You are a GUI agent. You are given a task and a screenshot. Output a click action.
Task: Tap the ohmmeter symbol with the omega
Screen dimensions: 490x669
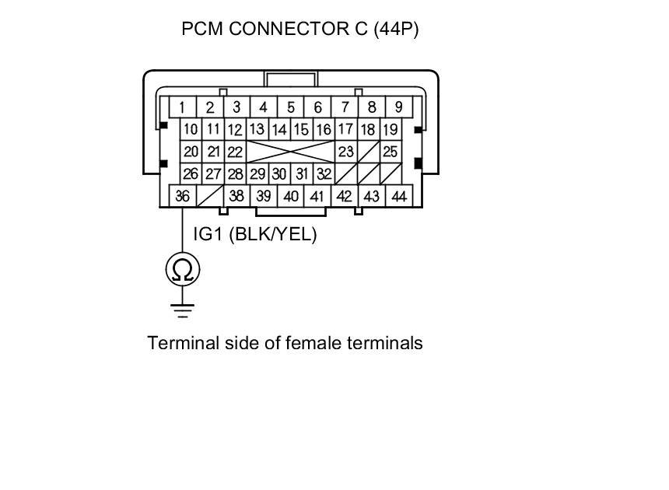(183, 270)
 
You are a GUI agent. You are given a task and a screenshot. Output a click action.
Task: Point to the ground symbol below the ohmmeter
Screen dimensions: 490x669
(183, 310)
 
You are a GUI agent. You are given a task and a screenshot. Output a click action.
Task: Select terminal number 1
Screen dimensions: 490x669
(182, 107)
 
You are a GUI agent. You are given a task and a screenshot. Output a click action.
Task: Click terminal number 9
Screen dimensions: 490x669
(399, 107)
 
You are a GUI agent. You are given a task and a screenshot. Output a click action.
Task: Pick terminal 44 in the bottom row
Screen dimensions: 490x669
(399, 197)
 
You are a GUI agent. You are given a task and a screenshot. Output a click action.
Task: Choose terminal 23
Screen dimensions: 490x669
(346, 152)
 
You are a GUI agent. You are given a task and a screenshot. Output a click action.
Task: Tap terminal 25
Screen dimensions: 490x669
(391, 152)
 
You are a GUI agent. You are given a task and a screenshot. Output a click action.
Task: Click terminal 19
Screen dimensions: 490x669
(391, 130)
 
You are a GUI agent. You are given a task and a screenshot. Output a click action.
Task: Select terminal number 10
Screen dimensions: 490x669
(191, 130)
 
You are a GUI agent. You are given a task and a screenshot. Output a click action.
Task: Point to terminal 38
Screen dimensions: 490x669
(237, 197)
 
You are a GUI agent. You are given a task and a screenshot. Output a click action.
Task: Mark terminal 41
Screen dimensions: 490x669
(317, 197)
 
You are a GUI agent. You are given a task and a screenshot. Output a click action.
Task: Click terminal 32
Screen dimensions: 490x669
(324, 173)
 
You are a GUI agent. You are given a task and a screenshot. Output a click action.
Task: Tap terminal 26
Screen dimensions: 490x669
(191, 173)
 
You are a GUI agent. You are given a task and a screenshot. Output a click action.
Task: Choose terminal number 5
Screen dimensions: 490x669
(291, 107)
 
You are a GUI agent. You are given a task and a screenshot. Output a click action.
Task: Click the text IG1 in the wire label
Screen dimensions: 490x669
(208, 234)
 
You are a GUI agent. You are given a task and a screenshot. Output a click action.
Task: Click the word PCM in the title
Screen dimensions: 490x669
(200, 30)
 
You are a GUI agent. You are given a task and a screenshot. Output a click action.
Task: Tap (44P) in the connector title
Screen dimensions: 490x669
(396, 30)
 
